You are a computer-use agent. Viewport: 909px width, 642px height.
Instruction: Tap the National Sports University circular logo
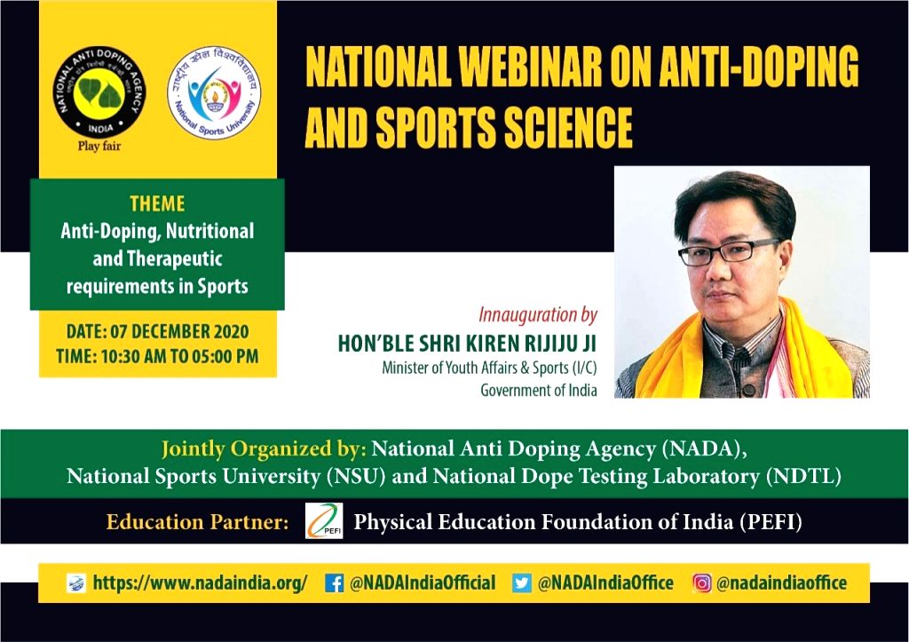click(214, 92)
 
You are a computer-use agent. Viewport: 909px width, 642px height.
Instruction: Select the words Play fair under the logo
click(99, 146)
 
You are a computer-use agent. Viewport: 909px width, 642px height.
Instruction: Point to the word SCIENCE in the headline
click(568, 127)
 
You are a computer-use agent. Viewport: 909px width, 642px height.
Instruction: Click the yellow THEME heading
click(157, 203)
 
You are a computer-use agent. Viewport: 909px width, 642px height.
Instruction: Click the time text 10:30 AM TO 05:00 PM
click(179, 356)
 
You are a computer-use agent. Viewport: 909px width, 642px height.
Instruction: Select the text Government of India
click(539, 391)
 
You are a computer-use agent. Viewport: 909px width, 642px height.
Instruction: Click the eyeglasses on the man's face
click(728, 252)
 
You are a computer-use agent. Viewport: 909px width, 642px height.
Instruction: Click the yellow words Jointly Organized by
click(263, 449)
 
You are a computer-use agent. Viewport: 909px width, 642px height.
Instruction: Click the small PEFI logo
click(324, 520)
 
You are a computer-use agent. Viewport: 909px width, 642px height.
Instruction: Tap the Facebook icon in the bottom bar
click(334, 583)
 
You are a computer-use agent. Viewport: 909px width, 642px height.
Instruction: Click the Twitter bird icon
click(522, 583)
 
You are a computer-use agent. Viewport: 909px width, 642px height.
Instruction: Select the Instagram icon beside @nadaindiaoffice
click(701, 583)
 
